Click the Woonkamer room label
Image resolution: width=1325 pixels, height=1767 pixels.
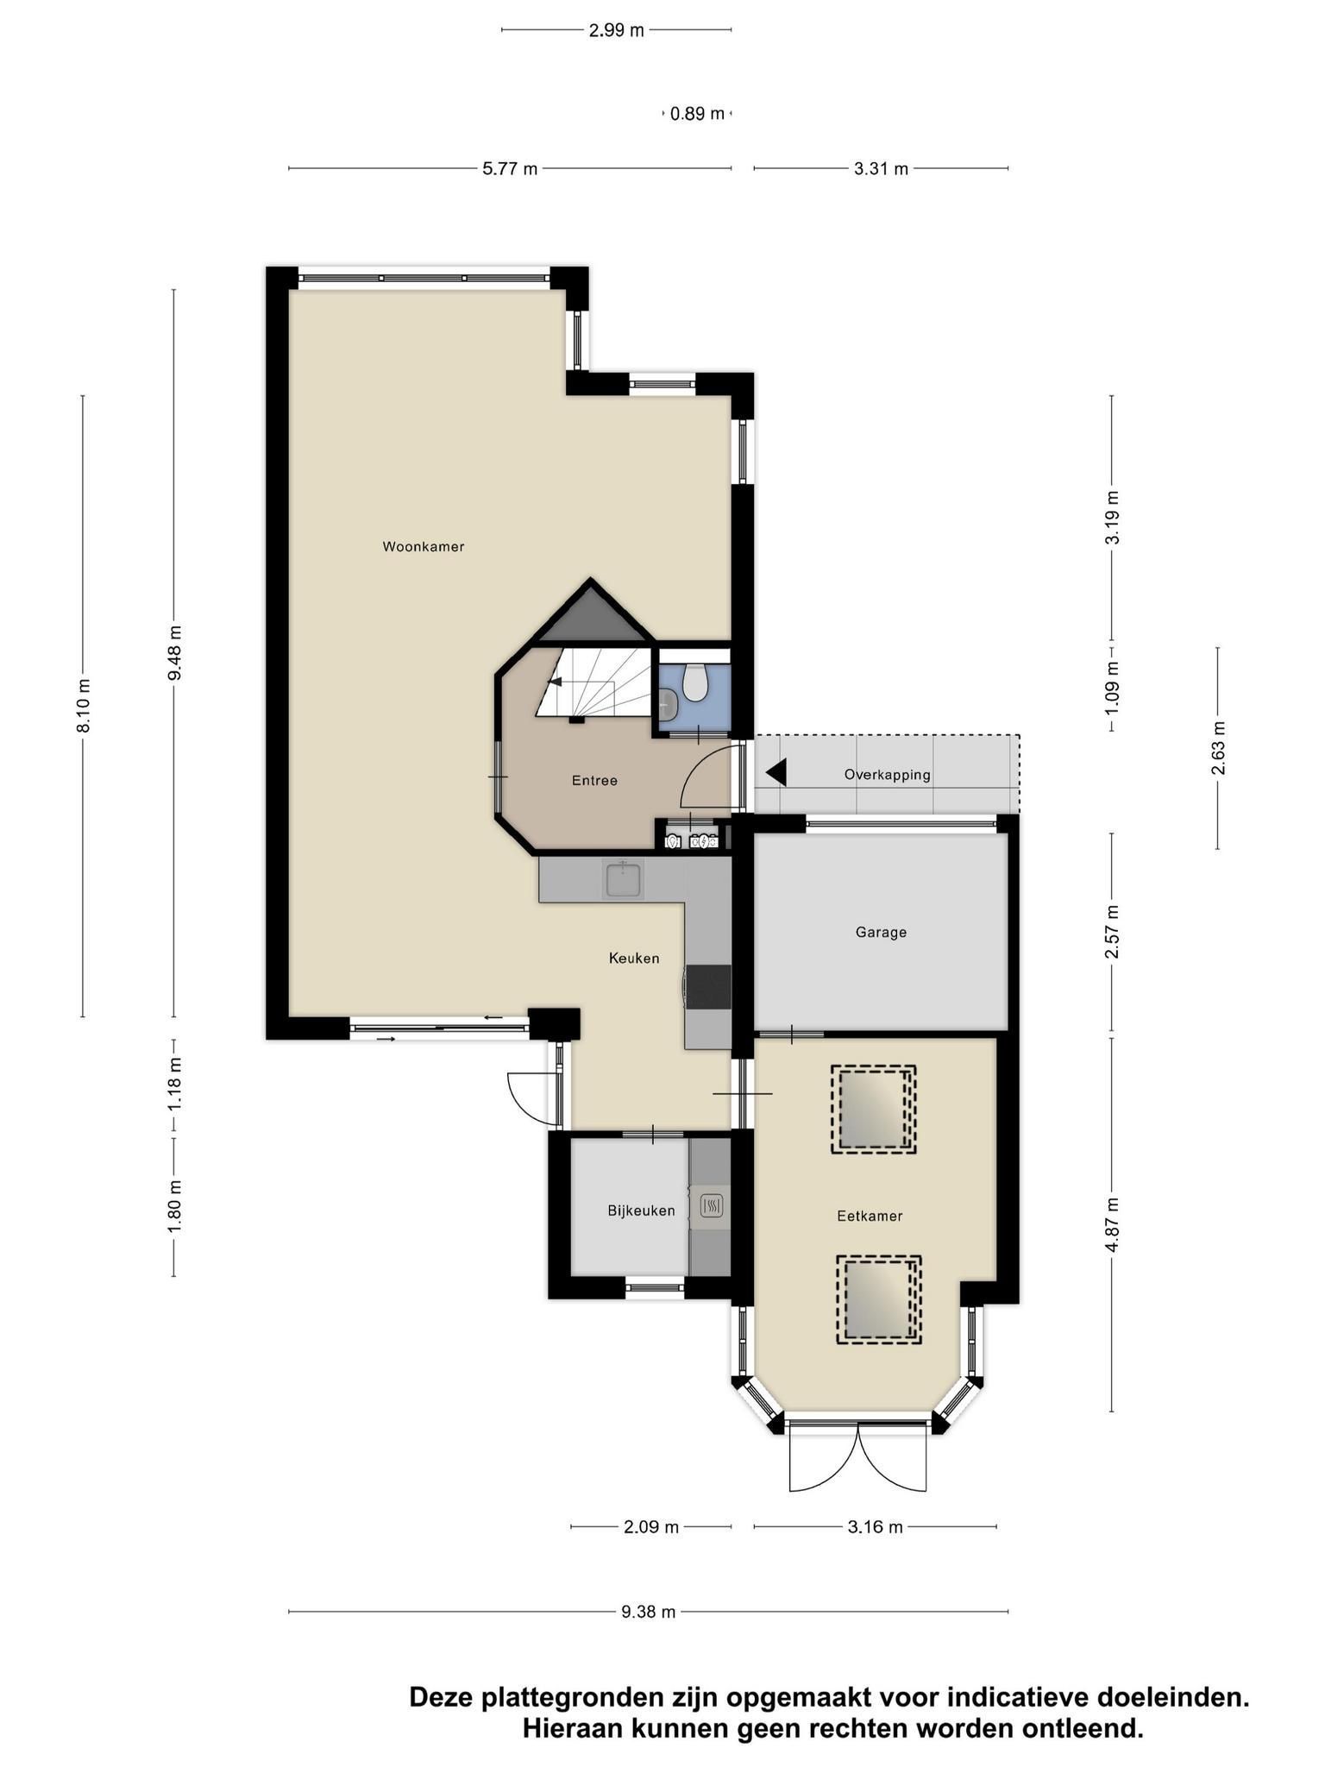[x=424, y=546]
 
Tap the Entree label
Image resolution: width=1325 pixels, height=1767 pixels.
[x=594, y=780]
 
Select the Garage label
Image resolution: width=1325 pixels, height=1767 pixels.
[x=881, y=932]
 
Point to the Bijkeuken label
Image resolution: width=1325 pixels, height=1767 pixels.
[x=641, y=1210]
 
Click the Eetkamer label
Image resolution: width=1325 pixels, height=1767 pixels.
[x=870, y=1216]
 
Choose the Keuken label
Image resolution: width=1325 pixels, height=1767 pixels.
[x=634, y=958]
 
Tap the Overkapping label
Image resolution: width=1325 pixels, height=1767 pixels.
[x=887, y=775]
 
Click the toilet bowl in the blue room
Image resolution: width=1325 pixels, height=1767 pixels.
[x=695, y=682]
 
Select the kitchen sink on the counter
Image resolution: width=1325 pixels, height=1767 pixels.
[x=625, y=879]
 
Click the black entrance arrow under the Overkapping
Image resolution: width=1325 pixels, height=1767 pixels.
[x=776, y=772]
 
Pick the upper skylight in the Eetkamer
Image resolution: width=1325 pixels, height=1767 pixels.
[x=873, y=1109]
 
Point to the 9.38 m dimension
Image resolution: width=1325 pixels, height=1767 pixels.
[x=648, y=1611]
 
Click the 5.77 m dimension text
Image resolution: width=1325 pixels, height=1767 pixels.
[x=510, y=168]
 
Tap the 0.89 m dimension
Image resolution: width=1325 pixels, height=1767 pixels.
[x=697, y=113]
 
